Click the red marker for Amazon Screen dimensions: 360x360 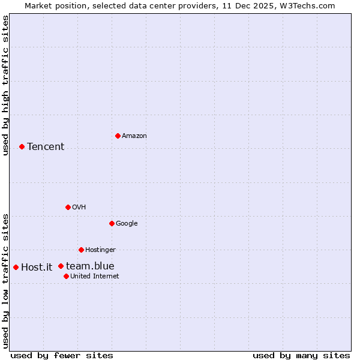tap(118, 136)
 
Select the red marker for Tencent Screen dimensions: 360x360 tap(22, 146)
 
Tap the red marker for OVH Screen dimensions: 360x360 tap(68, 207)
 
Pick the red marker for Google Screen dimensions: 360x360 tap(112, 223)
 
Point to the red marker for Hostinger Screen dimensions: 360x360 tap(81, 250)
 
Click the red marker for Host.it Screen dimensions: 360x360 tap(16, 267)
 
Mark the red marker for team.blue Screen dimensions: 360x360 tap(61, 266)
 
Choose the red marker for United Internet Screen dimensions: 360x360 tap(66, 276)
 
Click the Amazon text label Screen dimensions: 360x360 tap(134, 136)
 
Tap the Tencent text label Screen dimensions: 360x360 tap(46, 147)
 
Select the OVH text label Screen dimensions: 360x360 tap(79, 208)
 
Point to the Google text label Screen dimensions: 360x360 tap(127, 224)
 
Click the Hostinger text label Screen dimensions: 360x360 tap(100, 250)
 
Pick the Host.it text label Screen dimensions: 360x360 tap(37, 268)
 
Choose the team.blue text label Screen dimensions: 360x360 tap(90, 266)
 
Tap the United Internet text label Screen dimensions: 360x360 tap(94, 277)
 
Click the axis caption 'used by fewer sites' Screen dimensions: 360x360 tap(62, 355)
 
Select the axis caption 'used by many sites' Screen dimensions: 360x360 tap(301, 355)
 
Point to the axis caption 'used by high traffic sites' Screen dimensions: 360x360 tap(5, 85)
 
